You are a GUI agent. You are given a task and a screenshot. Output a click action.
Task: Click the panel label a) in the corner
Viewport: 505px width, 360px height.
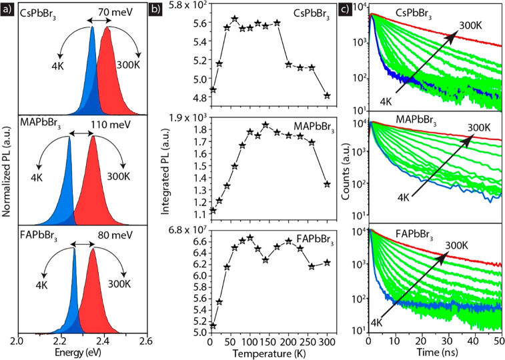pyautogui.click(x=7, y=10)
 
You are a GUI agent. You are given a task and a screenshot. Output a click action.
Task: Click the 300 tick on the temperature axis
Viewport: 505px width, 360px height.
pyautogui.click(x=326, y=341)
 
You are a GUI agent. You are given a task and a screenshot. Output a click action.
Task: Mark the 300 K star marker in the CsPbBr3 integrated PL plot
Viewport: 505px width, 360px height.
pyautogui.click(x=327, y=95)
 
